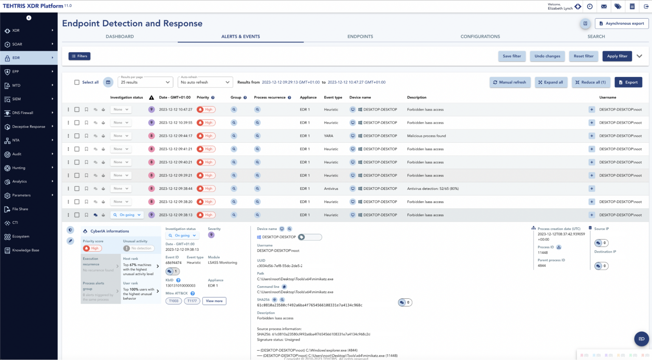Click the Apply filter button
[x=617, y=56]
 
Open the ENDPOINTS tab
[x=360, y=37]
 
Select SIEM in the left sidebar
[x=17, y=99]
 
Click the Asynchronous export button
[x=621, y=23]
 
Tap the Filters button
[x=79, y=56]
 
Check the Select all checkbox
[x=77, y=82]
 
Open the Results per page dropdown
[x=145, y=82]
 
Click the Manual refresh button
[x=509, y=82]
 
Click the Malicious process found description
[x=426, y=136]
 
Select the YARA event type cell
[x=329, y=136]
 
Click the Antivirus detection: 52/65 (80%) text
[x=433, y=188]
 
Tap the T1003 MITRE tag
[x=174, y=301]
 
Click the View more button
[x=214, y=301]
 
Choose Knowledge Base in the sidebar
[x=25, y=250]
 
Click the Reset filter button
[x=583, y=56]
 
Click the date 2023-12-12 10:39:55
[x=175, y=123]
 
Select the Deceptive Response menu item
[x=28, y=127]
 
